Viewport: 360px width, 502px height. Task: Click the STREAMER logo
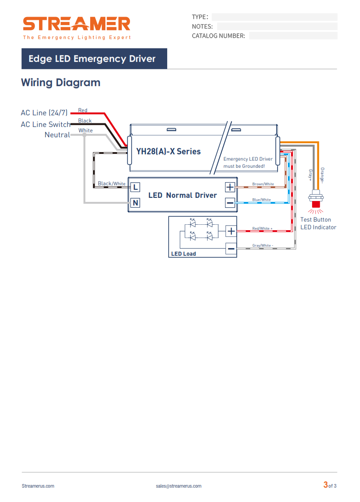click(77, 28)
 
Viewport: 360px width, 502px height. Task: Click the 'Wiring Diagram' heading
click(61, 83)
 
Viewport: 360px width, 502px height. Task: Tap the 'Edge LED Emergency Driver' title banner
click(94, 59)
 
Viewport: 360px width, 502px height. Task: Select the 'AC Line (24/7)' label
click(44, 113)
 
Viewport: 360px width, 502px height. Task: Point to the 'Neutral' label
click(57, 135)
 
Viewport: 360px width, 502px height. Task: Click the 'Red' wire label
click(82, 110)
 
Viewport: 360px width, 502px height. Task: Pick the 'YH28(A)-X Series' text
click(168, 152)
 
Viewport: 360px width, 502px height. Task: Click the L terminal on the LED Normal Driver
click(135, 187)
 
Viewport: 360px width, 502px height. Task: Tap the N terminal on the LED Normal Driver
click(135, 203)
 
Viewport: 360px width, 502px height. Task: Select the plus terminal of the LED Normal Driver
click(230, 187)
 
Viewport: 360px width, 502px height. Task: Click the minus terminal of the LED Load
click(231, 249)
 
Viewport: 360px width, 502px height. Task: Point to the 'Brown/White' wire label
click(263, 184)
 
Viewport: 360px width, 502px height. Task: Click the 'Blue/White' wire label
click(261, 200)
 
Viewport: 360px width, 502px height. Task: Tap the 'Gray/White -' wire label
click(263, 245)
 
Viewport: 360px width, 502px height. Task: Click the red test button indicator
click(316, 204)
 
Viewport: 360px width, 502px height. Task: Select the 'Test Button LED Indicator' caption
click(318, 223)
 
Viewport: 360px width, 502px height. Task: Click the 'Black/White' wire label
click(112, 183)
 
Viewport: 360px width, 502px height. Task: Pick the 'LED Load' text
click(183, 254)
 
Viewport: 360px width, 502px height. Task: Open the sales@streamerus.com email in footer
click(178, 486)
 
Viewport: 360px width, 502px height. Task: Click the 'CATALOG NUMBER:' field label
click(219, 36)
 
